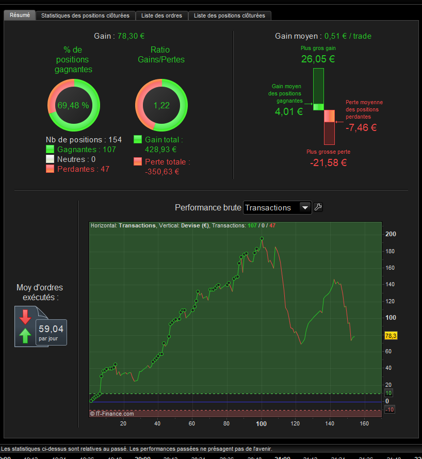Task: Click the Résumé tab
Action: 20,15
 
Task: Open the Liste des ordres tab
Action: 161,15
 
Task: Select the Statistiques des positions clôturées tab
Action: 85,15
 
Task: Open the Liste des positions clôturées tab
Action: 229,15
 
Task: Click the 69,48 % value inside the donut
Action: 73,105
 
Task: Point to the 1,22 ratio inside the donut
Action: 161,105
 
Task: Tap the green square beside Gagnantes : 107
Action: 50,149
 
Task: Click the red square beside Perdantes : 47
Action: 50,169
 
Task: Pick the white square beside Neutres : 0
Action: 50,159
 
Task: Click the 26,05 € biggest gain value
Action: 318,59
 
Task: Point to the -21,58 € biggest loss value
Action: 328,162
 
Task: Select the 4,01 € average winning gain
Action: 288,111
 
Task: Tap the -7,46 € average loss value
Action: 361,127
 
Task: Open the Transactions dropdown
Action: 278,207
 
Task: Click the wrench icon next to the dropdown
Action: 318,207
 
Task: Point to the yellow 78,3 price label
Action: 390,336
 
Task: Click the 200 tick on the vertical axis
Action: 391,234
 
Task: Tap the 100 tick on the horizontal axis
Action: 261,423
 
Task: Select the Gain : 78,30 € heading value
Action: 131,36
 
